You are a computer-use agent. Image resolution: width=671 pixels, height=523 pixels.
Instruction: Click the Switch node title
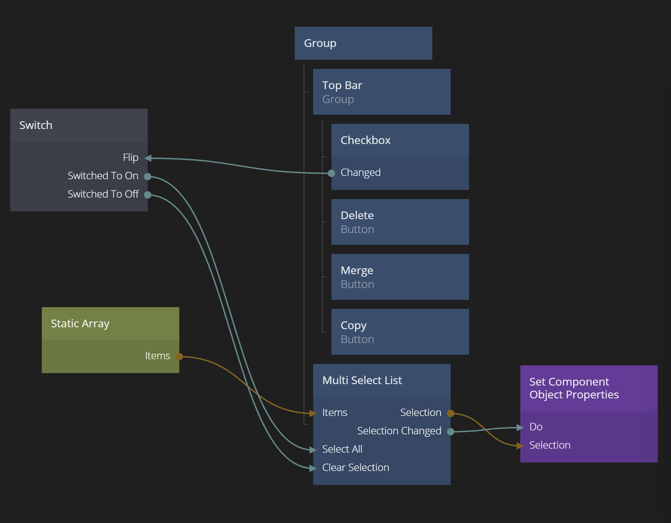point(36,125)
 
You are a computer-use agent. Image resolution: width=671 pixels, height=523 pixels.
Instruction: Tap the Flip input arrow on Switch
point(148,158)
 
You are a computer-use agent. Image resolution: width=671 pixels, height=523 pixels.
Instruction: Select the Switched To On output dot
point(148,177)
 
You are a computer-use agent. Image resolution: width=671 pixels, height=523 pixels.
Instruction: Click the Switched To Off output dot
point(148,195)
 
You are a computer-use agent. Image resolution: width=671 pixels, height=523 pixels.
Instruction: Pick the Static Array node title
point(80,324)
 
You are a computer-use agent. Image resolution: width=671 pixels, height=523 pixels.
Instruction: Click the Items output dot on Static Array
point(179,356)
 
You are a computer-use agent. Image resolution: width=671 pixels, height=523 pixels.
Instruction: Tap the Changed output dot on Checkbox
point(331,173)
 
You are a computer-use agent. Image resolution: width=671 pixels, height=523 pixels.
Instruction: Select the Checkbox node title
point(366,140)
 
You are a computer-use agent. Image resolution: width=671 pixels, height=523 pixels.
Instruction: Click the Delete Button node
point(400,222)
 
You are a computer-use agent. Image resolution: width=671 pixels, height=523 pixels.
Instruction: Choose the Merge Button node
point(400,277)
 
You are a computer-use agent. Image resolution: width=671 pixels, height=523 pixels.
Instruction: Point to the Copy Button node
point(400,332)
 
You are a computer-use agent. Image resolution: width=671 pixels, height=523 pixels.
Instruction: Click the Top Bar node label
point(342,85)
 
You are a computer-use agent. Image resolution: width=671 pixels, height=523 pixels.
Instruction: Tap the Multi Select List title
point(362,380)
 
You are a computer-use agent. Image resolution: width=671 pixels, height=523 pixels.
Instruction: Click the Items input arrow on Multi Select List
point(313,413)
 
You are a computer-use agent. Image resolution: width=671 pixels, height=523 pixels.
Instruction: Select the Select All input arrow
point(313,450)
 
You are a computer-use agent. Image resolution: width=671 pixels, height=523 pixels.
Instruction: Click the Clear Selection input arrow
point(313,468)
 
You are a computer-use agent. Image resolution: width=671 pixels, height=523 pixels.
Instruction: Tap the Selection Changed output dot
point(451,432)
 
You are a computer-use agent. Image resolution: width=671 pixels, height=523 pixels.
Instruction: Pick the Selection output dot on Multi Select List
point(451,413)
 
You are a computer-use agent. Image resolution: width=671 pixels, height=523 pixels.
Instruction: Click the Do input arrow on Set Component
point(520,427)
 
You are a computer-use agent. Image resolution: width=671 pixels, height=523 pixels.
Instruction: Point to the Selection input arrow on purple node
point(520,446)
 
